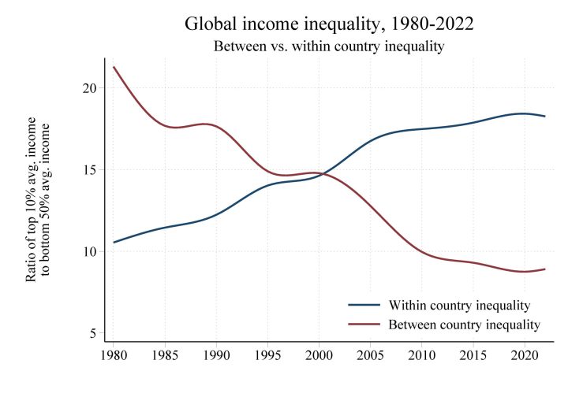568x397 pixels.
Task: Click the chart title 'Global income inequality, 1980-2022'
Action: pos(329,23)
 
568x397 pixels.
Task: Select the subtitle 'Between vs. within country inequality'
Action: pos(329,46)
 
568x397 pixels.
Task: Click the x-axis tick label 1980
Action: pos(114,355)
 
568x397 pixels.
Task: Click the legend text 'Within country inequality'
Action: pos(459,305)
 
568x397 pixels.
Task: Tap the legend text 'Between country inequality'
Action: pos(465,324)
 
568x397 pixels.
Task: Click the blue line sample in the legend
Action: pos(364,305)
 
